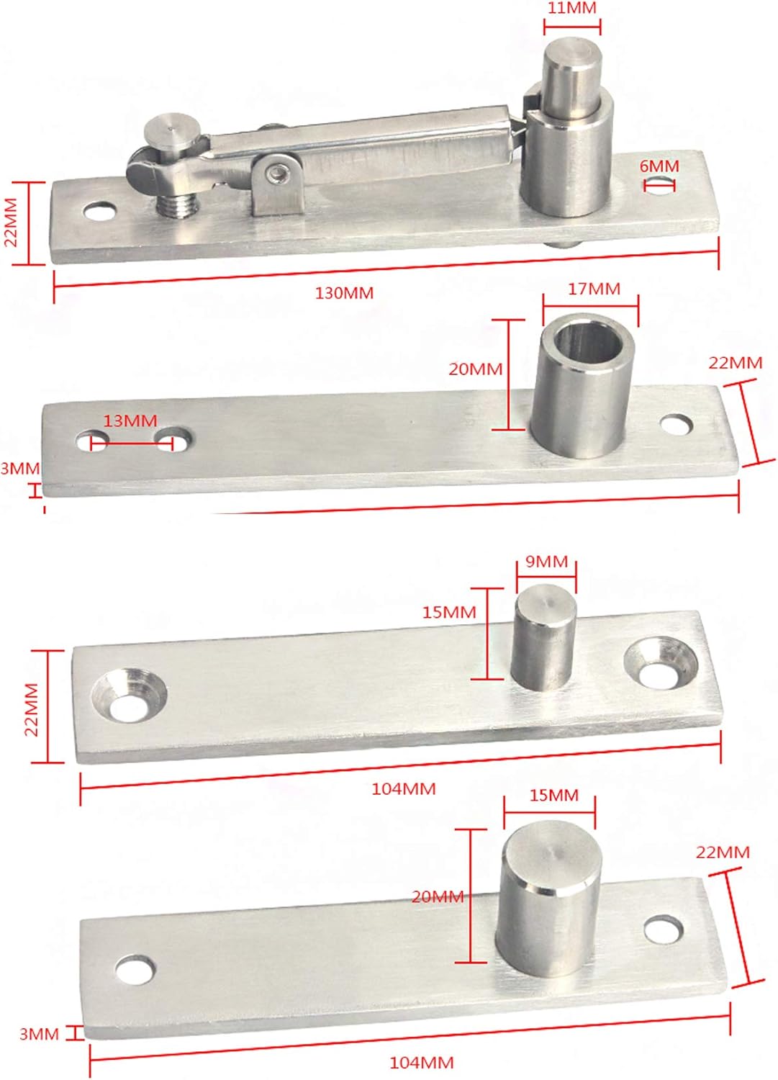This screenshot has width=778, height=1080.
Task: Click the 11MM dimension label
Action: (571, 9)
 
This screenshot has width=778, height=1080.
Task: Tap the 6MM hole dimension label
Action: (659, 166)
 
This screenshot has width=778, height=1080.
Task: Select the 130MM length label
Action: (344, 293)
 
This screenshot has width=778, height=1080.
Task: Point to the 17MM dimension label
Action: (594, 289)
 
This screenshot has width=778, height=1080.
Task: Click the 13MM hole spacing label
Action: (130, 420)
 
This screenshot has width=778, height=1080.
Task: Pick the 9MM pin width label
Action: (546, 562)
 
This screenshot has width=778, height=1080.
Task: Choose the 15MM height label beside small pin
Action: (449, 613)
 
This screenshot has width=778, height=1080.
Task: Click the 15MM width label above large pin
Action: (553, 796)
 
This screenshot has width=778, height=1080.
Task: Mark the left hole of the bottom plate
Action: (135, 971)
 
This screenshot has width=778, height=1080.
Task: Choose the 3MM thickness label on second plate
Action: (20, 469)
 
